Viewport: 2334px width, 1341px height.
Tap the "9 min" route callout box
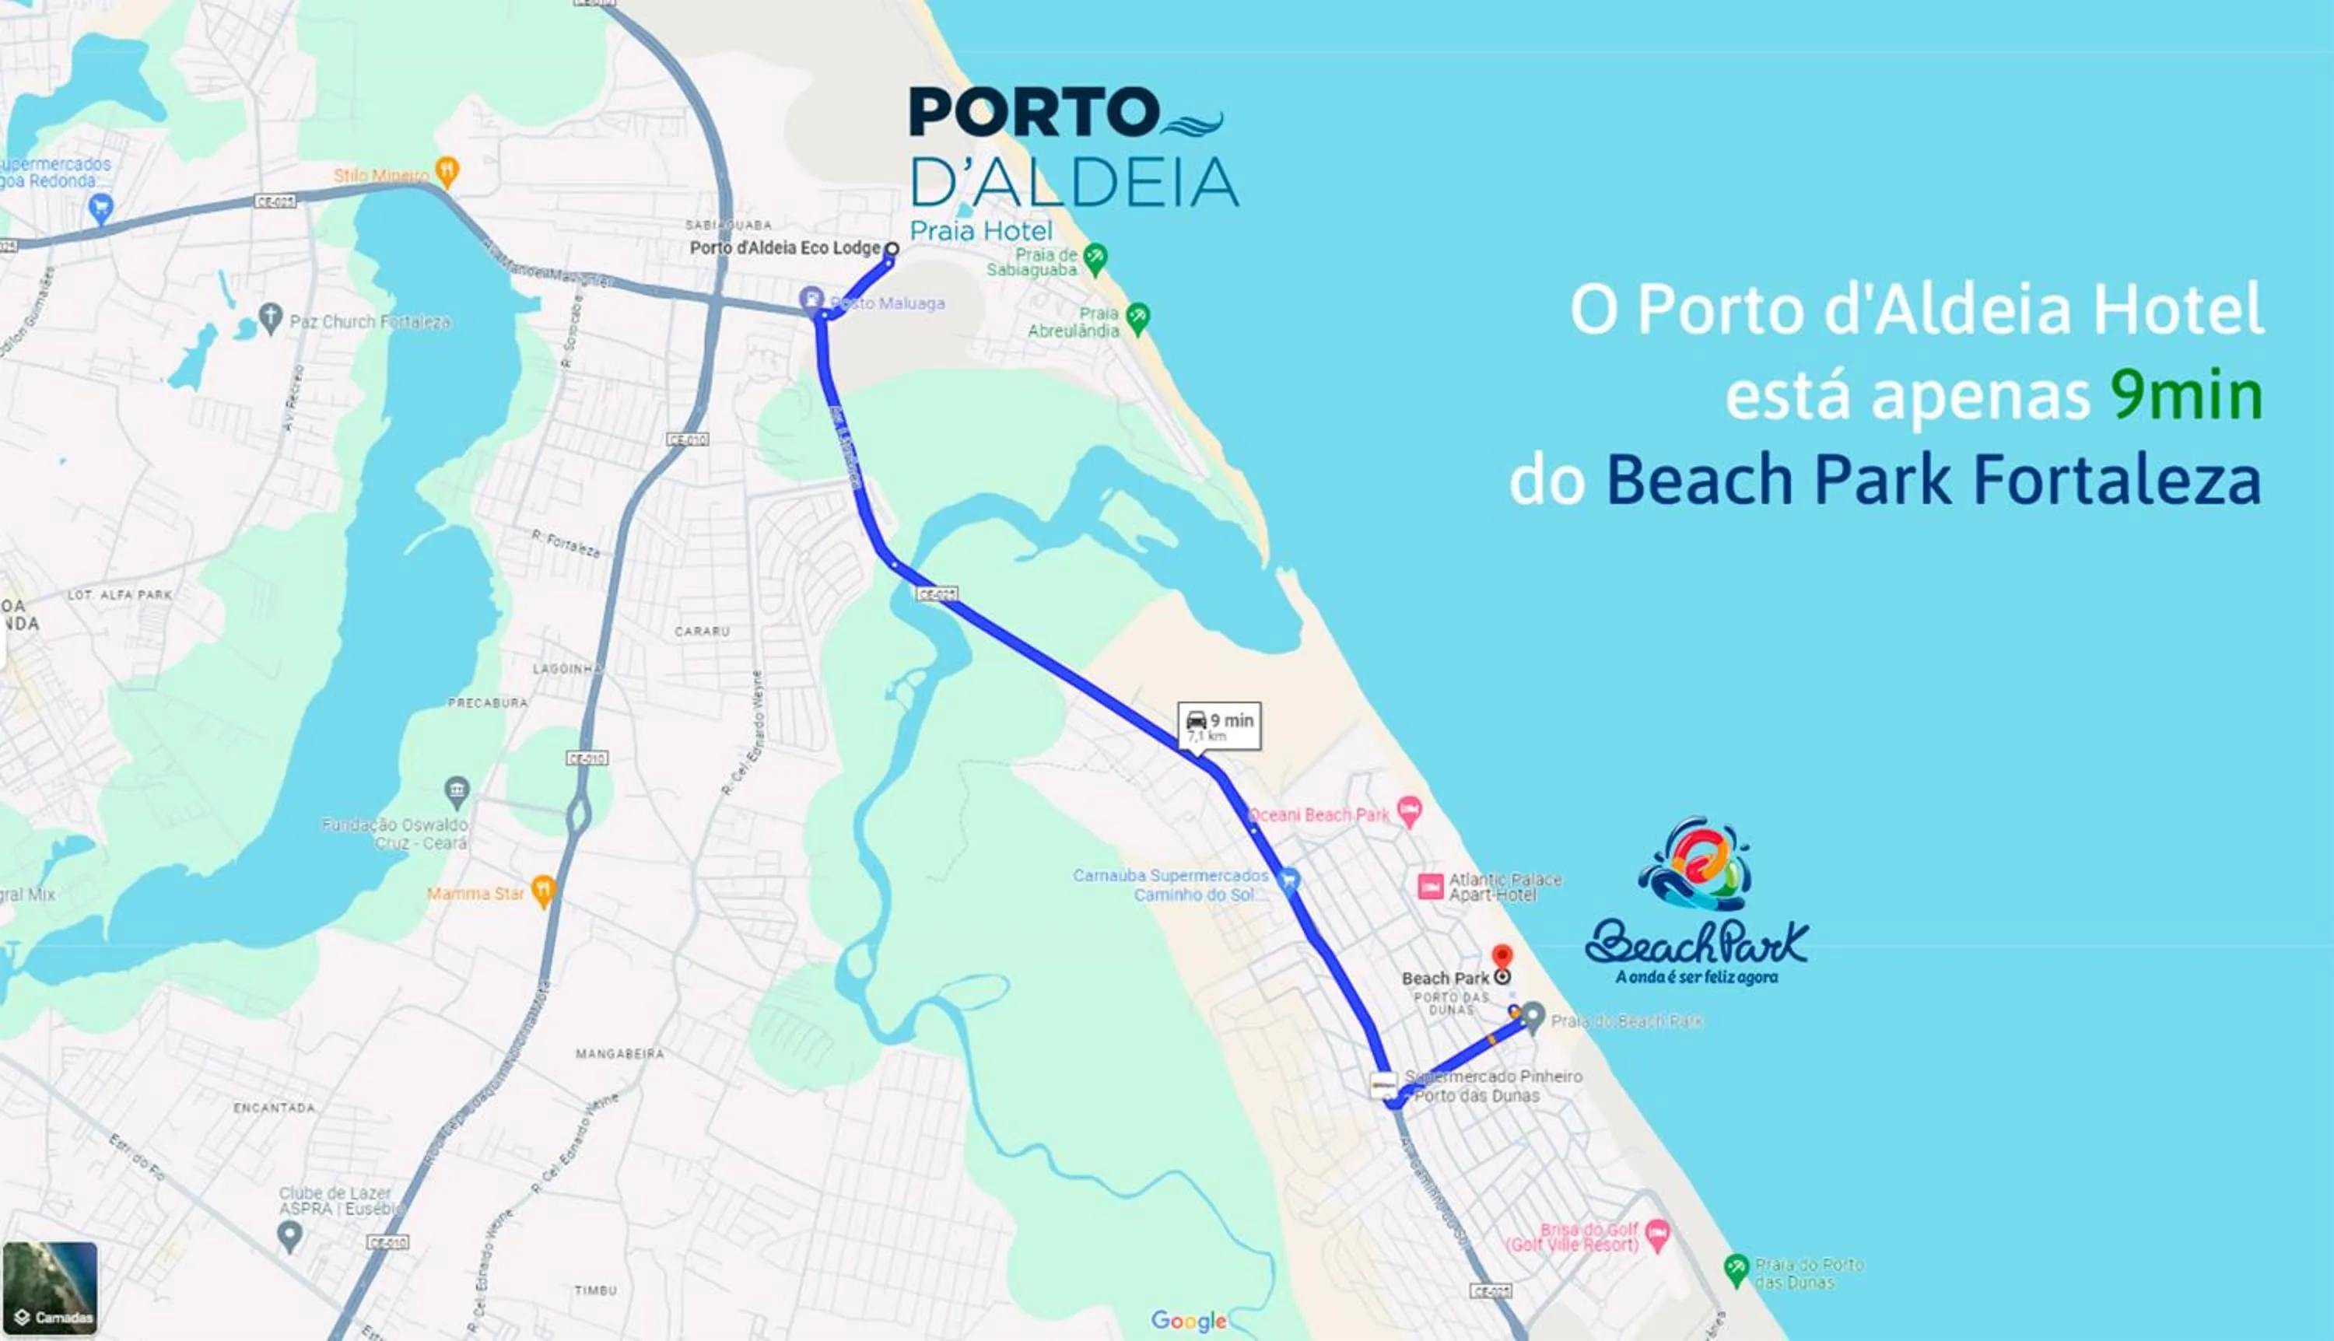point(1219,726)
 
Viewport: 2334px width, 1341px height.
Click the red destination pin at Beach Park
point(1502,957)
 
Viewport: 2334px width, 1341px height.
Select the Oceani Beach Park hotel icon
point(1409,811)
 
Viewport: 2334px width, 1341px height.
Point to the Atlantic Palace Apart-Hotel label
point(1505,887)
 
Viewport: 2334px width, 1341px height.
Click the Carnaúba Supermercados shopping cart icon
point(1289,881)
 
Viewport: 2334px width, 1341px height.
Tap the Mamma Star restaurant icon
point(545,891)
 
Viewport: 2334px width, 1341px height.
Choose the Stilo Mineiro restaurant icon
point(447,170)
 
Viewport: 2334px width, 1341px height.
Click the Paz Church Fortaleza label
point(370,321)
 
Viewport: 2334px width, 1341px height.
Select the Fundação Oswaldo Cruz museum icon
point(457,790)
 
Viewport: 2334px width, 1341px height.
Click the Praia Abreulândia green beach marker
point(1138,318)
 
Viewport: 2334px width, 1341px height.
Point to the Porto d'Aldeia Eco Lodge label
point(785,248)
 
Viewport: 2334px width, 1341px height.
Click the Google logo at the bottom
point(1188,1321)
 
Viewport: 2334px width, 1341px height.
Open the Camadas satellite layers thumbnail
point(50,1287)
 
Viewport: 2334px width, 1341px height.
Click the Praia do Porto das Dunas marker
point(1736,1269)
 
